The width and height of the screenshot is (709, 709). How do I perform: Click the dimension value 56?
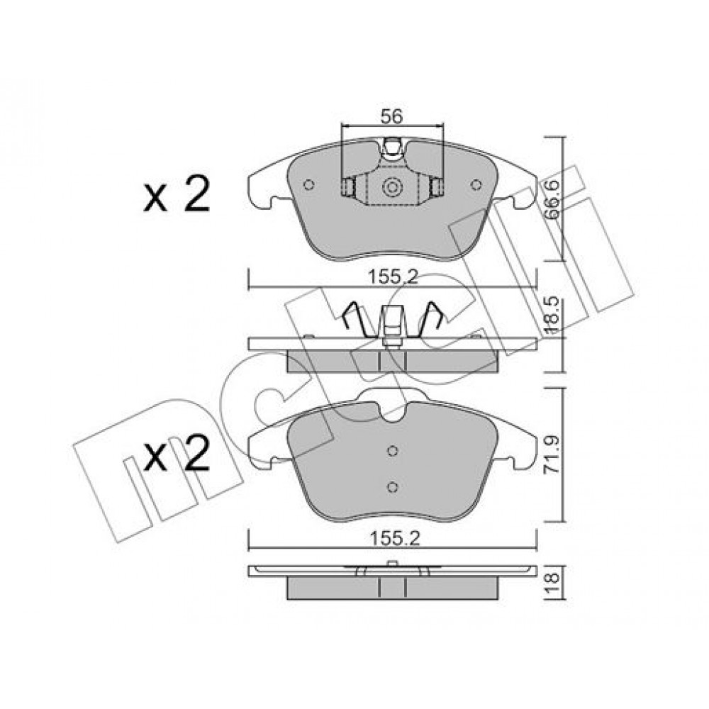click(391, 117)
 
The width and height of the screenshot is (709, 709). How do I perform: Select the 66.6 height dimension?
click(552, 199)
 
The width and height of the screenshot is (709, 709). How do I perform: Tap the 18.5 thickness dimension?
click(552, 316)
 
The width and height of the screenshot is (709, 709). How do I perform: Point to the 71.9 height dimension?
click(552, 454)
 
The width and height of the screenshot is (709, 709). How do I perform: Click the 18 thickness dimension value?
click(553, 584)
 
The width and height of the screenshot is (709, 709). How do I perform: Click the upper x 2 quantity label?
click(177, 194)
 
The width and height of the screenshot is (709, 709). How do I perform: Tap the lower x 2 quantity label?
click(177, 454)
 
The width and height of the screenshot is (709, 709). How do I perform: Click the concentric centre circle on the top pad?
click(391, 186)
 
